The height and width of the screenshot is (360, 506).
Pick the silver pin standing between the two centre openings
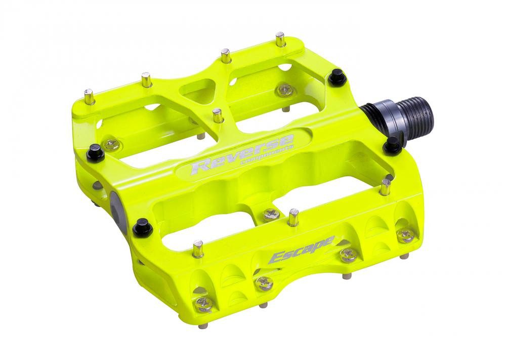(218, 115)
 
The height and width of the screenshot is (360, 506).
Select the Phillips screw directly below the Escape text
(263, 282)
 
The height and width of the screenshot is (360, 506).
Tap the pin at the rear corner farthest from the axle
(89, 96)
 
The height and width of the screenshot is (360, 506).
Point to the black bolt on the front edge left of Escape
(143, 227)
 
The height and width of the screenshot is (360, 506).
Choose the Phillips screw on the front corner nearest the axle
(406, 234)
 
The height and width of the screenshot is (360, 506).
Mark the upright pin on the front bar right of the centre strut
(293, 217)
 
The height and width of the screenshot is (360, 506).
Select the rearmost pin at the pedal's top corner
(280, 39)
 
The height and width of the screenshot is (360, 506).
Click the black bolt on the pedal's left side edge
(95, 151)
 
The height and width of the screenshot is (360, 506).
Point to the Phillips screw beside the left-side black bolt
(112, 145)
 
